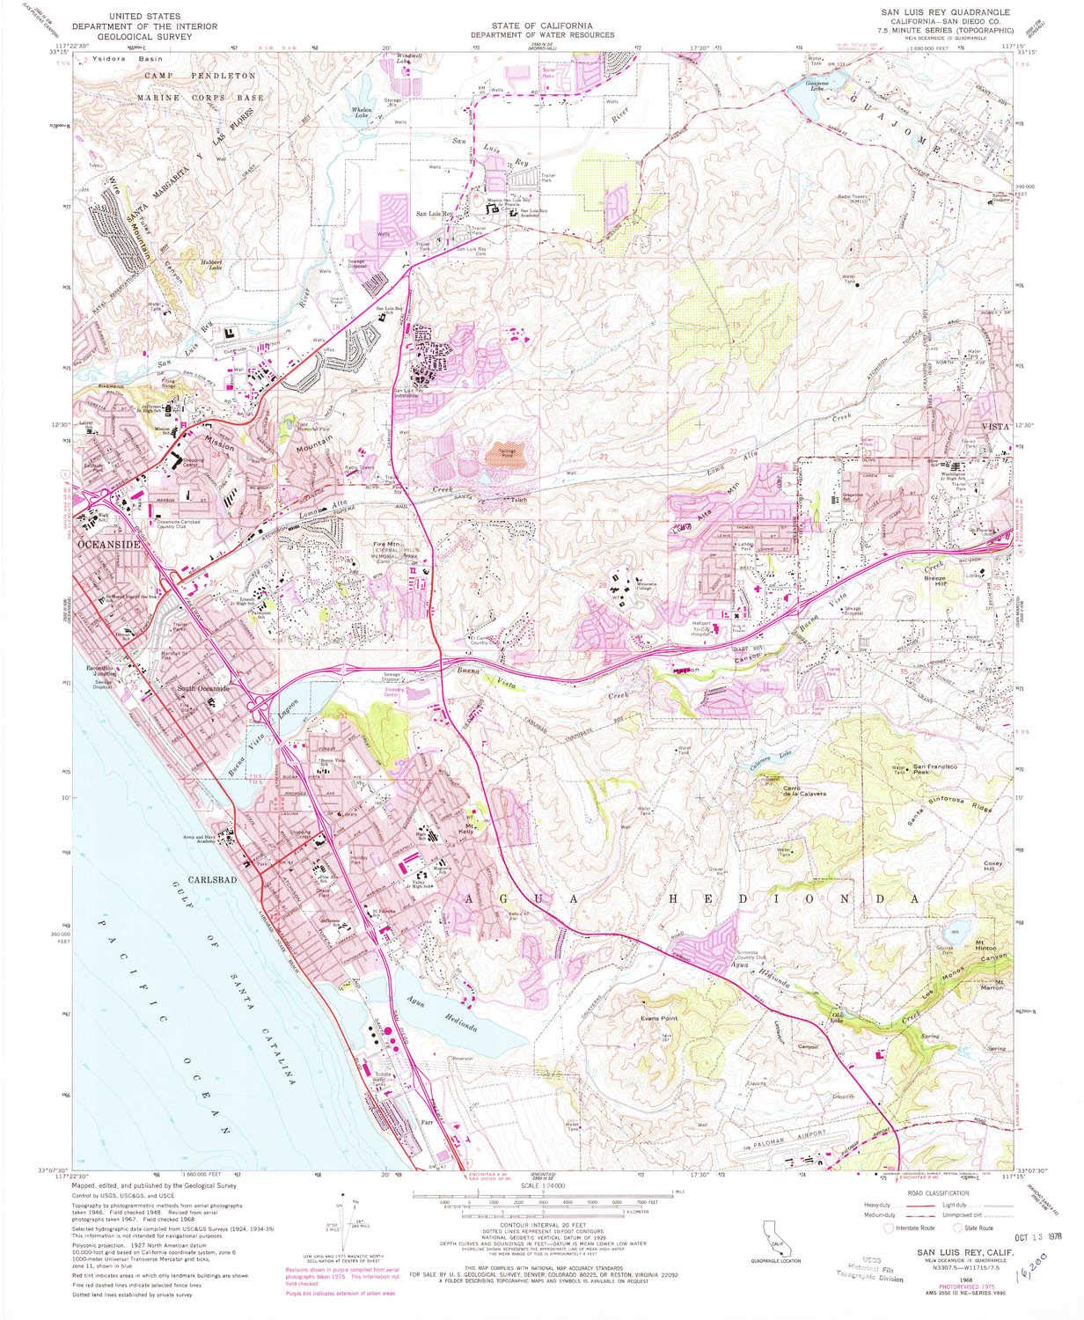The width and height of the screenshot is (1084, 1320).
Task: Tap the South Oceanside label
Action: (x=203, y=689)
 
